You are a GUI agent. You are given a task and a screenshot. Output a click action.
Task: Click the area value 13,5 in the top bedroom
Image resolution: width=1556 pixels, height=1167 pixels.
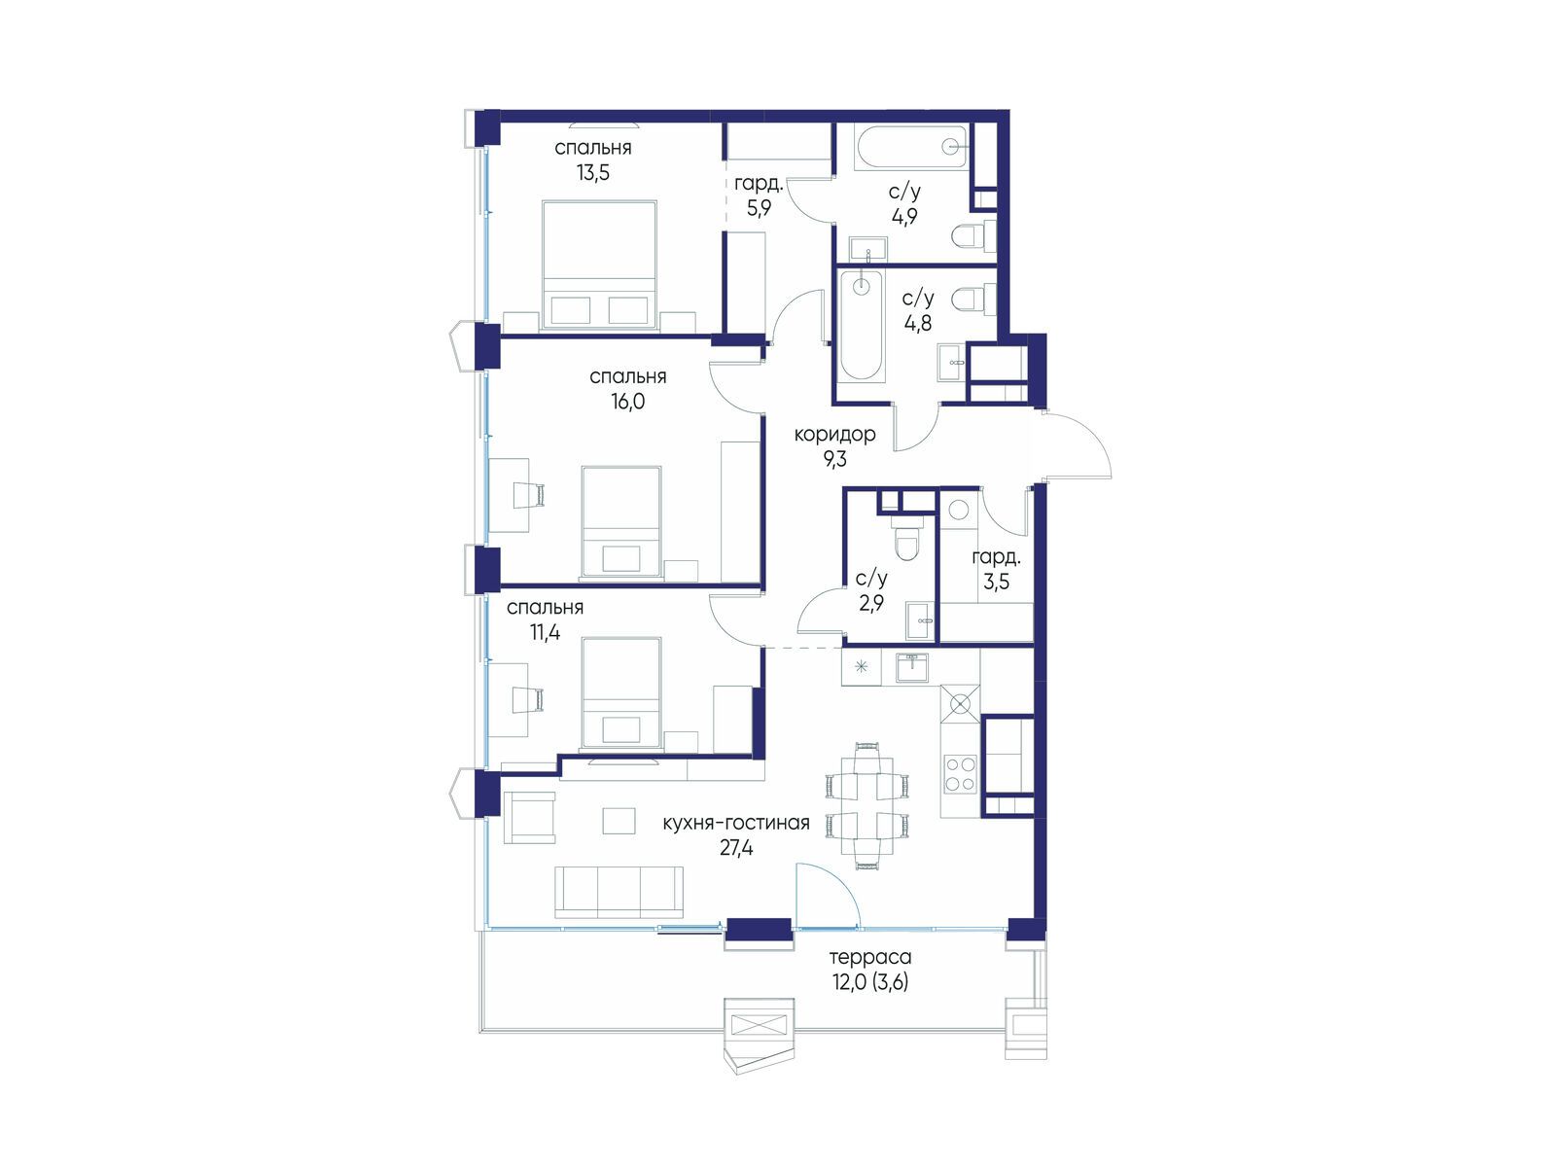592,173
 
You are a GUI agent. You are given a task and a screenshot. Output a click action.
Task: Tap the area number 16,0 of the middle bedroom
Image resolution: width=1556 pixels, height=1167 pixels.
628,402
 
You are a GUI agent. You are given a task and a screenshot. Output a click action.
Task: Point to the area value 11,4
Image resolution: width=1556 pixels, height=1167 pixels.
545,632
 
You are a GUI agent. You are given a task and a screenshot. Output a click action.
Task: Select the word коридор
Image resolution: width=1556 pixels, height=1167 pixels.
834,435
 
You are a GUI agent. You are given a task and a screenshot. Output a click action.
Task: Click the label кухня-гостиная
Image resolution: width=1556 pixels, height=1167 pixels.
736,824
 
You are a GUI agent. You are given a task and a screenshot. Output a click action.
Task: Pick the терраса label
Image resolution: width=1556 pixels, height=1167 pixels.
870,958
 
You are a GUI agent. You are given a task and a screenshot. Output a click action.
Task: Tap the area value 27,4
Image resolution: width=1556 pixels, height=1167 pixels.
736,848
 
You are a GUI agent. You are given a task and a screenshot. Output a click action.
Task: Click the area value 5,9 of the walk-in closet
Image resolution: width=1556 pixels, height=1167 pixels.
759,208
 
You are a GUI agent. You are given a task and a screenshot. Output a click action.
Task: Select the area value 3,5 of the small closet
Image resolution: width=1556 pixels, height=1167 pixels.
996,583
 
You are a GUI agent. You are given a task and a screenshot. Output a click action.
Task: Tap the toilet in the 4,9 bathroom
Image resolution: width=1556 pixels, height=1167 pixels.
974,236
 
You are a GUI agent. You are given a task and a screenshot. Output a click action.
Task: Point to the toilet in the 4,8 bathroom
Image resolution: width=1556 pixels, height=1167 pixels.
974,300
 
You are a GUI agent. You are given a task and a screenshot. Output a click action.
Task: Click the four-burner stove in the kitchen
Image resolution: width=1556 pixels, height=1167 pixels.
960,774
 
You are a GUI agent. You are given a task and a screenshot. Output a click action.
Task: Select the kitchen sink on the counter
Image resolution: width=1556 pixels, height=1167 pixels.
912,667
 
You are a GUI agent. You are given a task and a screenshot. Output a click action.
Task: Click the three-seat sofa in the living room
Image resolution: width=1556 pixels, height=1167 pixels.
619,892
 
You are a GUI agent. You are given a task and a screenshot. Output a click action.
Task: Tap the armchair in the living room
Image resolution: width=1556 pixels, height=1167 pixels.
529,818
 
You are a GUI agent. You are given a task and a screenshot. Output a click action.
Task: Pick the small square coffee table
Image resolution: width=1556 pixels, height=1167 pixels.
619,821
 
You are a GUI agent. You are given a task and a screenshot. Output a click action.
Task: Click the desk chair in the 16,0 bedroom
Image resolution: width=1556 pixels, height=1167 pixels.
530,495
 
